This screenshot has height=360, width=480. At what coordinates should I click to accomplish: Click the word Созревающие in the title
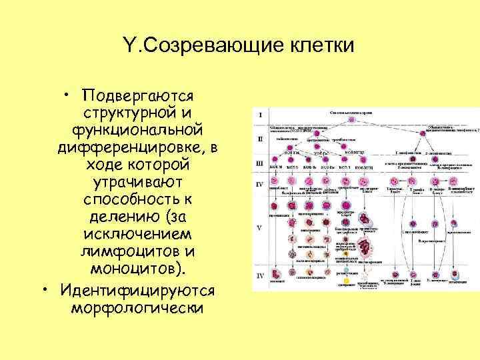coord(209,46)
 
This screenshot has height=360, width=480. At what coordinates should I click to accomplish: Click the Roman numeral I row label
coord(260,115)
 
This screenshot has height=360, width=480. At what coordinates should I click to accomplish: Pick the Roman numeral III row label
coord(260,162)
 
